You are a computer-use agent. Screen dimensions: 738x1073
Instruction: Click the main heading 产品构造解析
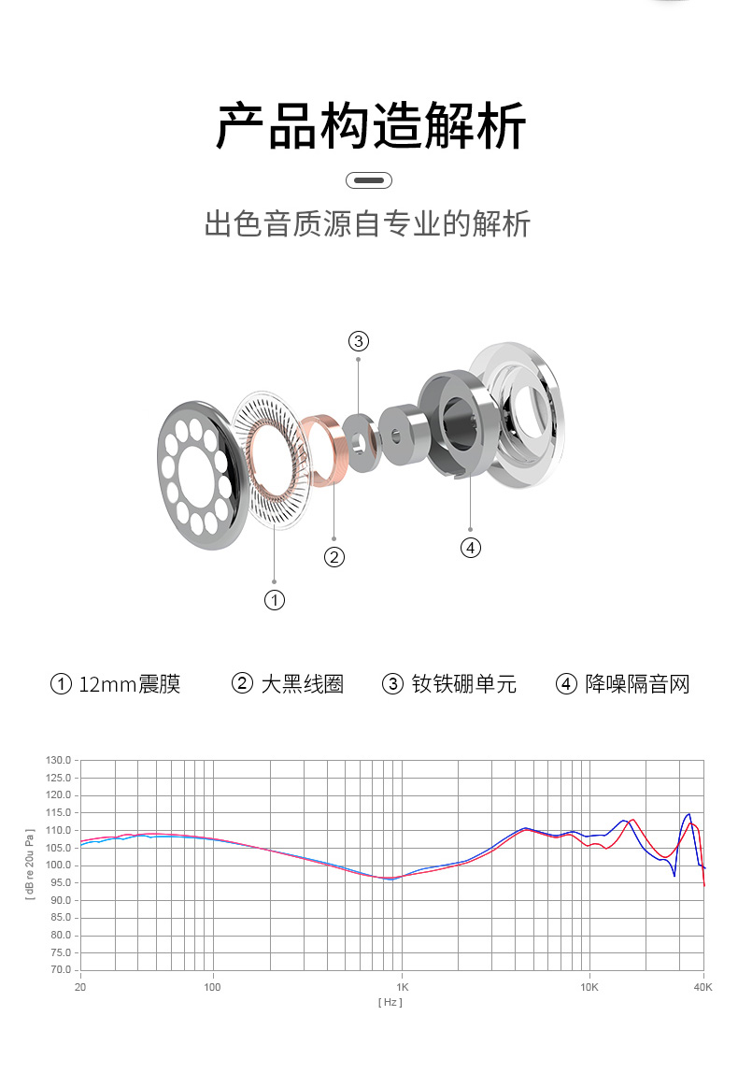(x=370, y=126)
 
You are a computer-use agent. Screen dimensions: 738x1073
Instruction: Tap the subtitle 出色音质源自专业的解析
(x=367, y=223)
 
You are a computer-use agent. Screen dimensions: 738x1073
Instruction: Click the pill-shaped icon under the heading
(x=369, y=180)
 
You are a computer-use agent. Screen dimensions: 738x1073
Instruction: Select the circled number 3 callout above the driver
(x=359, y=341)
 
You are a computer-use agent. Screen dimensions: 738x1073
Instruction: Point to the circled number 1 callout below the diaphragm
(x=275, y=600)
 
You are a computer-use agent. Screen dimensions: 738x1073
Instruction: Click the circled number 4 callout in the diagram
(x=471, y=548)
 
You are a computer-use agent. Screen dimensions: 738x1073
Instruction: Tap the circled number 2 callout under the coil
(x=334, y=557)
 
